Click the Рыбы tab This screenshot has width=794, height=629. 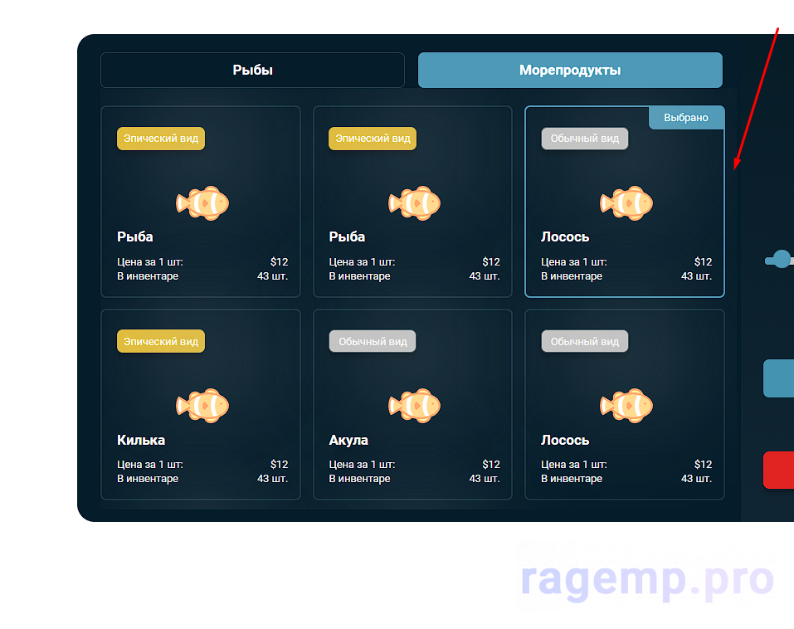click(252, 71)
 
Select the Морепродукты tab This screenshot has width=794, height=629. click(570, 71)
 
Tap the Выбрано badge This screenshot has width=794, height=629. click(686, 118)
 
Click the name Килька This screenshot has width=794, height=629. click(141, 440)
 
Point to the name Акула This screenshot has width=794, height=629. click(348, 440)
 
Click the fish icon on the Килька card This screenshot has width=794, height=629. click(202, 405)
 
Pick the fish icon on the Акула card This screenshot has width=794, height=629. click(414, 405)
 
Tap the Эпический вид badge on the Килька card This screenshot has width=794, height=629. click(161, 341)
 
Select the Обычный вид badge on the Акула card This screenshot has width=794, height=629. click(373, 341)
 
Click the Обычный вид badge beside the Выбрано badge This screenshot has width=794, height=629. click(585, 139)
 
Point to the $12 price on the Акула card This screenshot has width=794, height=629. click(491, 465)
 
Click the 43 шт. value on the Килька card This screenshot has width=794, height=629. click(272, 479)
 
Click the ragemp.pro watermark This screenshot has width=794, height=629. click(647, 579)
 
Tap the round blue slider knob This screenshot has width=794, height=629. click(781, 259)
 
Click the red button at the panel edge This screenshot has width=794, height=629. click(778, 471)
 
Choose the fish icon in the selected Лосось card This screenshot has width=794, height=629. click(626, 202)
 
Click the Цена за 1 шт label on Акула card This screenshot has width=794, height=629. click(362, 465)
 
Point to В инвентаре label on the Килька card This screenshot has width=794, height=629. click(148, 479)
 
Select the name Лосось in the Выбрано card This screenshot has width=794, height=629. click(565, 237)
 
